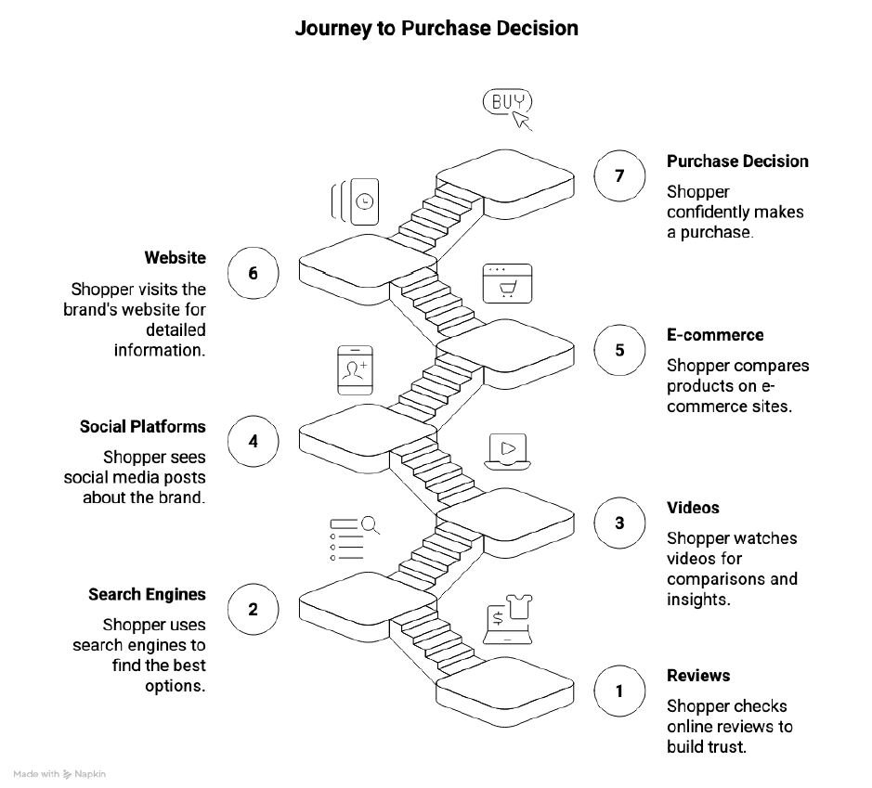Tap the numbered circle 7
(x=619, y=174)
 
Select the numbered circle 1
(x=619, y=691)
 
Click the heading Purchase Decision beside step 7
(x=737, y=161)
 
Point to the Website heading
(x=176, y=257)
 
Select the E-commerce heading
(x=715, y=335)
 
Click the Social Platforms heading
(x=143, y=427)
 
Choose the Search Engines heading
(x=147, y=594)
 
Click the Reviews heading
(x=698, y=676)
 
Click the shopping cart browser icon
(x=507, y=283)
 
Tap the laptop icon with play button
(x=507, y=451)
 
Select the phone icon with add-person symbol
(x=355, y=370)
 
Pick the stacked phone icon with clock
(x=357, y=200)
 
